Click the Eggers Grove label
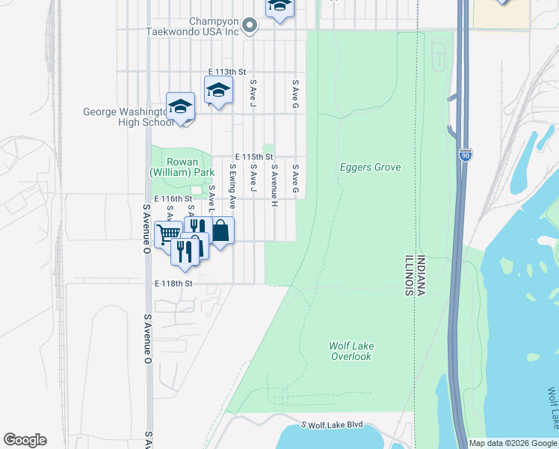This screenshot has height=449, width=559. pos(370,168)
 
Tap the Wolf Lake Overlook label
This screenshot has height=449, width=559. pos(351,351)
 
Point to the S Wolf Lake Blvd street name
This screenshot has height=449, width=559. pos(333,424)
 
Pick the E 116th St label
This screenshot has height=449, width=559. pos(173,199)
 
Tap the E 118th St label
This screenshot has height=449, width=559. pos(173,284)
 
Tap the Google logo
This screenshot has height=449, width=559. pos(25,440)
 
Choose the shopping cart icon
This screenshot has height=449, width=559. pos(168,233)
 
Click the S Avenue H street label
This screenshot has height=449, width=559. pos(274,185)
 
